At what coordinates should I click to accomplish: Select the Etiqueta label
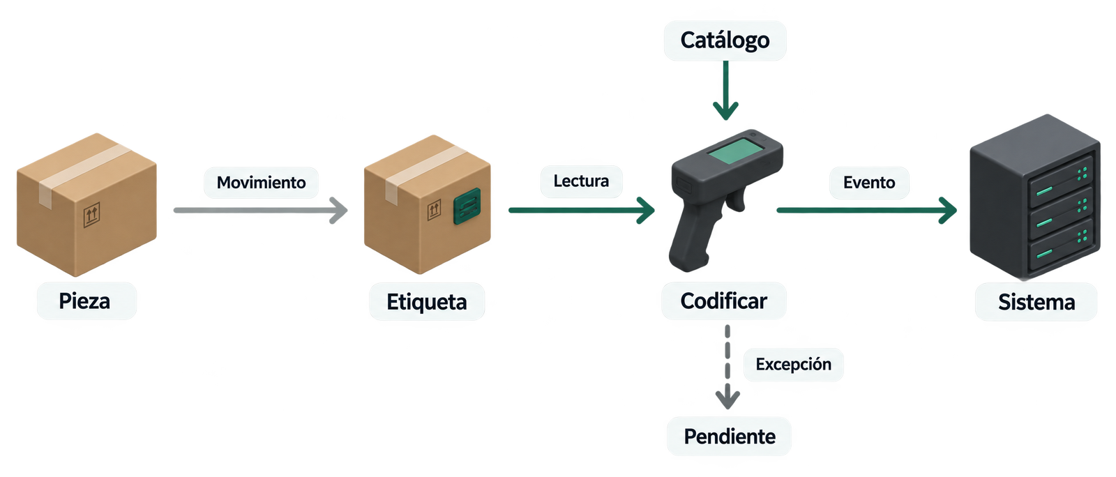pyautogui.click(x=426, y=302)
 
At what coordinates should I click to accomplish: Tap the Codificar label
pyautogui.click(x=723, y=301)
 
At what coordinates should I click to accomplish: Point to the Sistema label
pyautogui.click(x=1036, y=302)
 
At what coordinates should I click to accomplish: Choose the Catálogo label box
pyautogui.click(x=725, y=40)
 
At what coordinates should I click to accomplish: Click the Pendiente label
pyautogui.click(x=730, y=437)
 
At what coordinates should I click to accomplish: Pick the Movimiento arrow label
pyautogui.click(x=261, y=183)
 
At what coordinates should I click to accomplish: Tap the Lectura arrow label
pyautogui.click(x=582, y=181)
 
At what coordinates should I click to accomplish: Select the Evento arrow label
pyautogui.click(x=869, y=183)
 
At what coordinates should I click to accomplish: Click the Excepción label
pyautogui.click(x=793, y=365)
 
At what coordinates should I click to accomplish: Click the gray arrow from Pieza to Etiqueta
pyautogui.click(x=260, y=211)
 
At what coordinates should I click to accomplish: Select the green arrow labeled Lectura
pyautogui.click(x=582, y=211)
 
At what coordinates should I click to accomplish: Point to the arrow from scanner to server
pyautogui.click(x=867, y=211)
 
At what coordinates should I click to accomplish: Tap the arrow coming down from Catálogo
pyautogui.click(x=726, y=90)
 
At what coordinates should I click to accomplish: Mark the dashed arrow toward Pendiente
pyautogui.click(x=727, y=367)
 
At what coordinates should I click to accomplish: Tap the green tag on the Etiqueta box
pyautogui.click(x=467, y=206)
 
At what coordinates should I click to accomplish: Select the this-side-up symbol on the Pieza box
pyautogui.click(x=91, y=215)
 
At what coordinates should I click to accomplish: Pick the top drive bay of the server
pyautogui.click(x=1060, y=182)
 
